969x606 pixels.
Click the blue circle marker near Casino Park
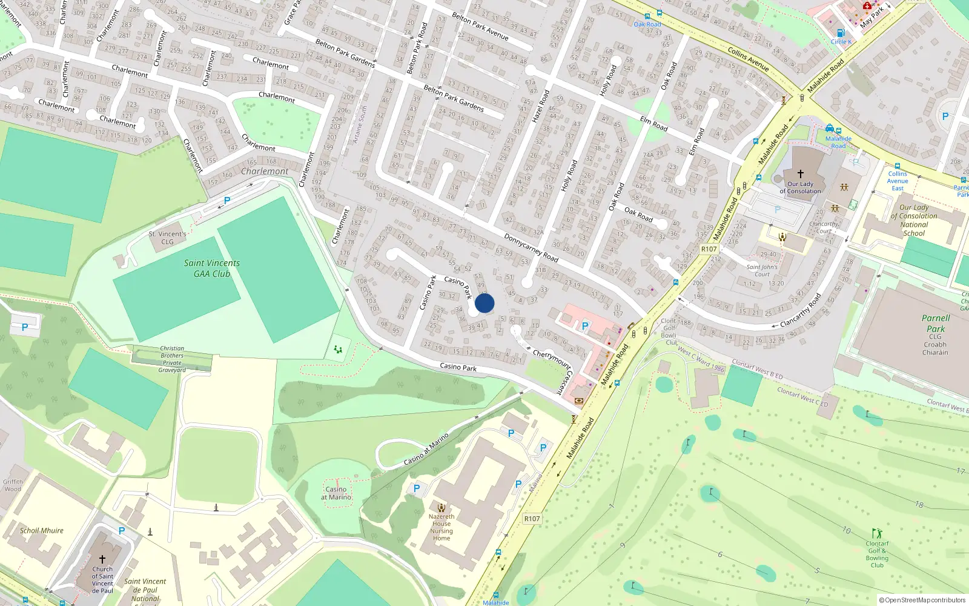[484, 303]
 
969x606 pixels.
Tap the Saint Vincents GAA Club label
[211, 268]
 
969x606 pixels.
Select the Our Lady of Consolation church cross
[800, 174]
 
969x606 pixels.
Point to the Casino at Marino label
[336, 493]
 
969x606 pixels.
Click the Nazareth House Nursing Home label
[442, 527]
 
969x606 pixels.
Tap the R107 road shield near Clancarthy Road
[709, 249]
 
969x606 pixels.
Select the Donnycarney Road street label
[531, 247]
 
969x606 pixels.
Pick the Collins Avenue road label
[748, 59]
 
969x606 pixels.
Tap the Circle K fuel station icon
[841, 33]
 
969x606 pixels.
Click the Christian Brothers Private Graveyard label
[172, 359]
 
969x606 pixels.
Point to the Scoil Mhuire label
[41, 531]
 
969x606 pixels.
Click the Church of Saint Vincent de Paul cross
[102, 559]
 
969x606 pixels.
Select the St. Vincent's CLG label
[167, 238]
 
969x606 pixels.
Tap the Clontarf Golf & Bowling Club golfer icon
[877, 534]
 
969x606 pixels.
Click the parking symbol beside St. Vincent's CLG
[227, 200]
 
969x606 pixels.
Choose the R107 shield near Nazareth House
[532, 519]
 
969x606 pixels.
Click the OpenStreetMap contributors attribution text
[922, 601]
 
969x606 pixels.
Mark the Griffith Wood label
[13, 485]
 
